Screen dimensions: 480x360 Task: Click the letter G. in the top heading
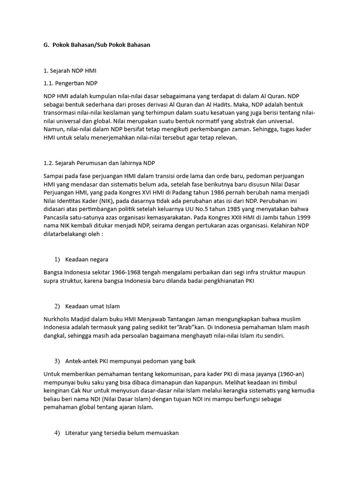(x=46, y=45)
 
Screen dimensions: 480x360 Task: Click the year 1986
(x=221, y=193)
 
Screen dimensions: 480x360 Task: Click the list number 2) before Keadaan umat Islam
(x=57, y=306)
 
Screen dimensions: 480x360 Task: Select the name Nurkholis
(x=58, y=319)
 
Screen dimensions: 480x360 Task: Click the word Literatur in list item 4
(x=79, y=433)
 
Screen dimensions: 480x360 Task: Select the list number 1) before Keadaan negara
(x=57, y=259)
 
